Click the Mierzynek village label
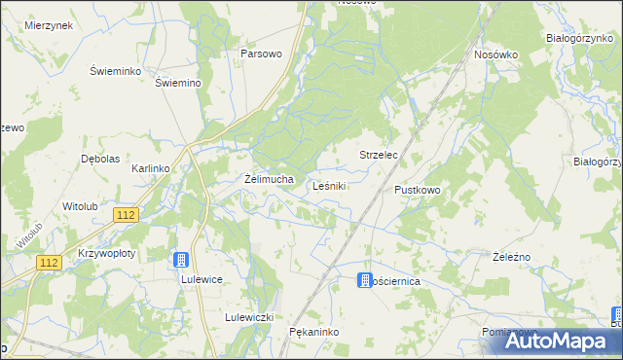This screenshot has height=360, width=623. (x=50, y=25)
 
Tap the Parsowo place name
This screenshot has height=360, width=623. (x=261, y=54)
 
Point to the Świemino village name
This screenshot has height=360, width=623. (x=178, y=83)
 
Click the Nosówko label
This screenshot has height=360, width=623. (x=495, y=55)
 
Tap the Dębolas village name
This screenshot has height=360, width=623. (x=100, y=159)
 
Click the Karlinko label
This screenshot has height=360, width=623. (x=151, y=168)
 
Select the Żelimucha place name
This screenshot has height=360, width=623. (x=269, y=179)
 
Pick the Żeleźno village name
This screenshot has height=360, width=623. (x=511, y=256)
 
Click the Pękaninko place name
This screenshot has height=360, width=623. (x=313, y=332)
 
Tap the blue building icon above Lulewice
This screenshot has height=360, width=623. (x=180, y=260)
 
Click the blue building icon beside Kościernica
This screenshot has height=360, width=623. (x=363, y=280)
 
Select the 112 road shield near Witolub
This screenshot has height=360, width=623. (x=125, y=215)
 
